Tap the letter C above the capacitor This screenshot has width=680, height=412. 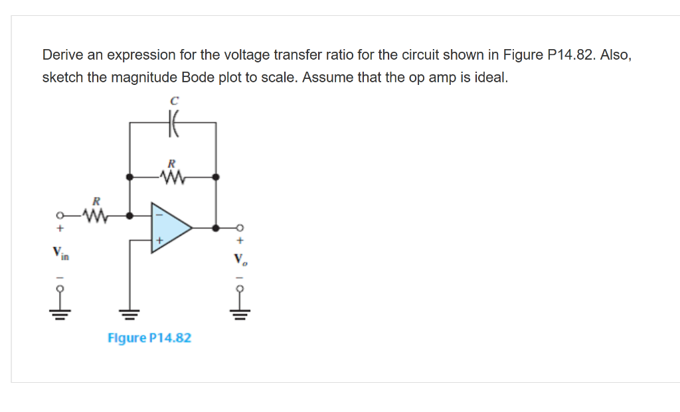pyautogui.click(x=174, y=101)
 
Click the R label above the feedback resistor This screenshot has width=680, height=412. pyautogui.click(x=172, y=163)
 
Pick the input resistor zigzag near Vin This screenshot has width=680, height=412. pyautogui.click(x=95, y=215)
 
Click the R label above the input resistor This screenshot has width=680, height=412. pyautogui.click(x=96, y=201)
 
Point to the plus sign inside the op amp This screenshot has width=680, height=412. pyautogui.click(x=159, y=239)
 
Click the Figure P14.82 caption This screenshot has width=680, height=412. pyautogui.click(x=149, y=338)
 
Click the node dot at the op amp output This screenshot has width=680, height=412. pyautogui.click(x=216, y=228)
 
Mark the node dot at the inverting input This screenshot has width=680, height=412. pyautogui.click(x=129, y=215)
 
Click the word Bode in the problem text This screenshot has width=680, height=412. pyautogui.click(x=196, y=77)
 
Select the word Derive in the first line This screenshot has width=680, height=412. pyautogui.click(x=62, y=54)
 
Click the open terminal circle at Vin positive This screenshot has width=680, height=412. pyautogui.click(x=60, y=216)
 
